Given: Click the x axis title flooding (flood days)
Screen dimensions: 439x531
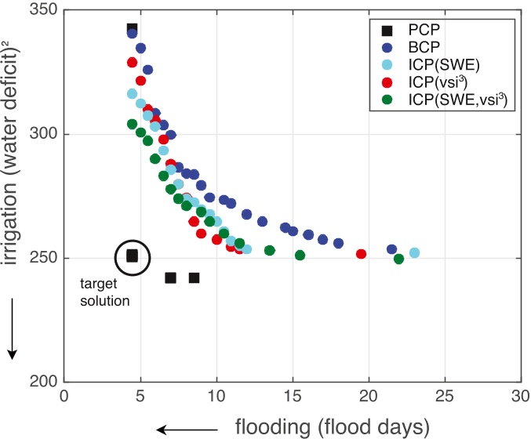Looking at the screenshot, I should click(333, 426).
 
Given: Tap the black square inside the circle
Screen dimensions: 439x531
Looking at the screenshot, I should click(133, 256).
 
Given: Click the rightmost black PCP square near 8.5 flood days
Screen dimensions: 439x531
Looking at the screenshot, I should click(194, 278).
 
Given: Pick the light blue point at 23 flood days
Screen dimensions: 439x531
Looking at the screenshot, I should click(414, 252).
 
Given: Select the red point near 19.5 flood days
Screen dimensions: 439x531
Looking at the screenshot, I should click(361, 254).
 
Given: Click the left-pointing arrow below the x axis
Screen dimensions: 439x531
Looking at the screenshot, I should click(187, 429).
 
